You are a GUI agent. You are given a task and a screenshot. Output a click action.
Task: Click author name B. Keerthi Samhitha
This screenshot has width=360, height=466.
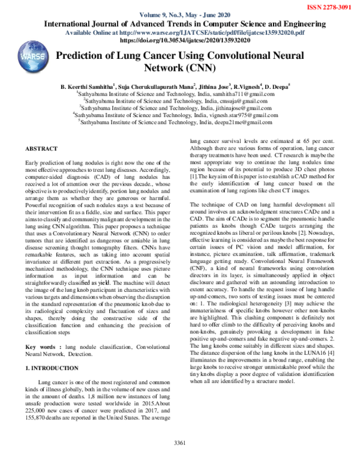[98, 86]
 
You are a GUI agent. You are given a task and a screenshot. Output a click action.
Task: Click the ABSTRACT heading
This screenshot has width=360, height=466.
[41, 148]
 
